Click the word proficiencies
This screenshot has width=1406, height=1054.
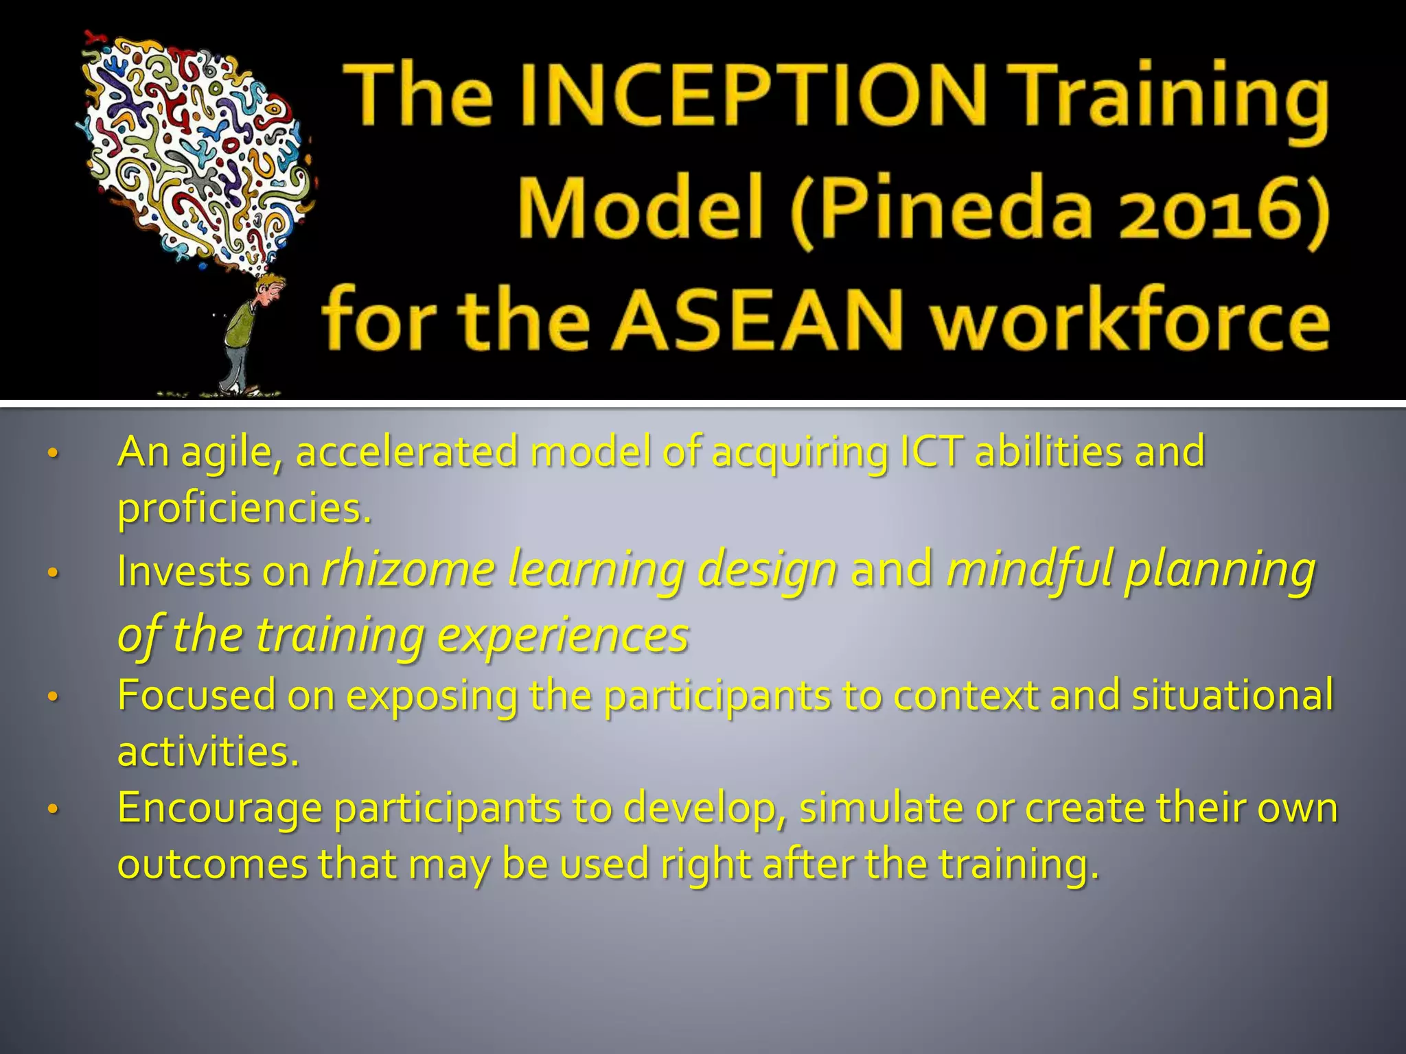coord(244,508)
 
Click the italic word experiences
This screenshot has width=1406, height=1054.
coord(562,635)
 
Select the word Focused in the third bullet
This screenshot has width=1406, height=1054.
coord(196,695)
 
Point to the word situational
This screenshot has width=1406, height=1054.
coord(1232,695)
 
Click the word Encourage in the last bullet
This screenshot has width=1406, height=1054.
coord(220,808)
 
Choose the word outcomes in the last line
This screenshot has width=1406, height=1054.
coord(212,864)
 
